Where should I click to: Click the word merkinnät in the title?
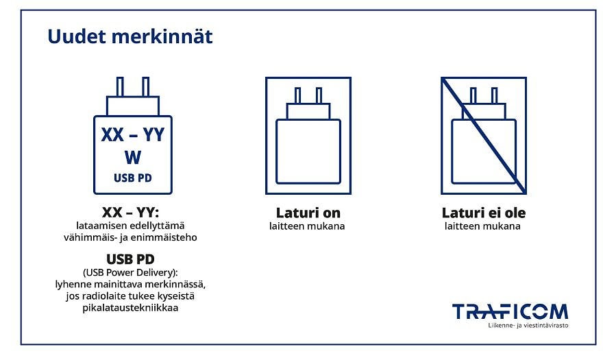[x=162, y=36]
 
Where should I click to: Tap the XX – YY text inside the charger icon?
[x=133, y=135]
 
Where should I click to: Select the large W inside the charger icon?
[x=133, y=157]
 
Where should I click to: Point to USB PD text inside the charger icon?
[x=133, y=178]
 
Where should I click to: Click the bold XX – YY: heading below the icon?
[x=130, y=213]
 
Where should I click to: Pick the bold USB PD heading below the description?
[x=130, y=259]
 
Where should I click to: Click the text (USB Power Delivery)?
[x=130, y=272]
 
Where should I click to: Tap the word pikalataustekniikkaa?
[x=130, y=307]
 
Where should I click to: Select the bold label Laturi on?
[x=308, y=213]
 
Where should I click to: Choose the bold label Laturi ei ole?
[x=484, y=213]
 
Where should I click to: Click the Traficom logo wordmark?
[x=510, y=311]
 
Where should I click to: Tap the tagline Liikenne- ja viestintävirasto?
[x=528, y=326]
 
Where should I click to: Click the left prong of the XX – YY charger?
[x=120, y=87]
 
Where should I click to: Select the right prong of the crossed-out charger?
[x=494, y=95]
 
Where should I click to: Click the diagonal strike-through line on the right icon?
[x=484, y=136]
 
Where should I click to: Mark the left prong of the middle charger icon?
[x=298, y=95]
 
